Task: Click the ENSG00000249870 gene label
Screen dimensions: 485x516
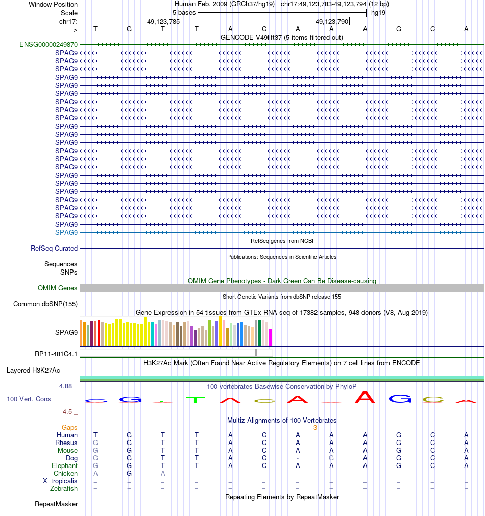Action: [48, 45]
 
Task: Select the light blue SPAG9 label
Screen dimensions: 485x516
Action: [66, 232]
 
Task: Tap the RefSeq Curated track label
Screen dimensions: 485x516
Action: [54, 249]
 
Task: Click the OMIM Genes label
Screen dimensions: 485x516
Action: [57, 288]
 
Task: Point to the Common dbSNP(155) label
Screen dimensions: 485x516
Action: [45, 304]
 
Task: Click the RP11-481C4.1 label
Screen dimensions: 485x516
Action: [56, 354]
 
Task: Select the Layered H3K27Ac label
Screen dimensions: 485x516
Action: [33, 371]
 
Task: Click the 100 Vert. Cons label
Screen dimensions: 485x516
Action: [29, 399]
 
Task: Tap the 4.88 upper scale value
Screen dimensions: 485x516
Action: [65, 386]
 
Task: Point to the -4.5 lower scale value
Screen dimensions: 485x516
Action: [66, 412]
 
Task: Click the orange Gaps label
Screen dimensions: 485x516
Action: [69, 428]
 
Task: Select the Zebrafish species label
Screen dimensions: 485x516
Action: [63, 489]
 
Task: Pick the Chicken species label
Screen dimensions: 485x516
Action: [65, 474]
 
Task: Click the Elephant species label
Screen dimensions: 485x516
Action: [64, 466]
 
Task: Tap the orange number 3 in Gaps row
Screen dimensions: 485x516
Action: [315, 428]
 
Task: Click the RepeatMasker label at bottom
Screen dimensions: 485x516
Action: [56, 504]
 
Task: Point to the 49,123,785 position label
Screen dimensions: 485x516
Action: [163, 22]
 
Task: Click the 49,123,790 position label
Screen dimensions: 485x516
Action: [332, 22]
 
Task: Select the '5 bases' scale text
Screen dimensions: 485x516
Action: [184, 13]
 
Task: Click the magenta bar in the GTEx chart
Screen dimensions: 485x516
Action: [270, 337]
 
